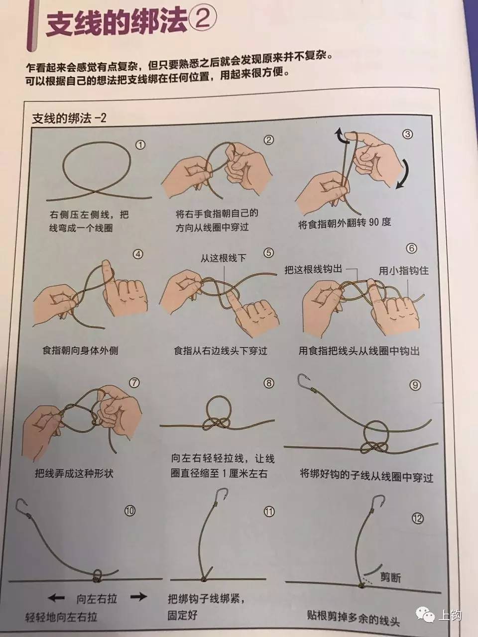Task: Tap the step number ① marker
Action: pyautogui.click(x=140, y=145)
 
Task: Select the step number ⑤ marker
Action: pyautogui.click(x=268, y=253)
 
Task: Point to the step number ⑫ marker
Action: pyautogui.click(x=417, y=519)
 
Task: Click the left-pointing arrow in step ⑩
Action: pyautogui.click(x=57, y=597)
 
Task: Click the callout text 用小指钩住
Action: pyautogui.click(x=403, y=271)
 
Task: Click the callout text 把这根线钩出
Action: pyautogui.click(x=313, y=270)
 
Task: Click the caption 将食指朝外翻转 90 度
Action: pyautogui.click(x=345, y=222)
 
